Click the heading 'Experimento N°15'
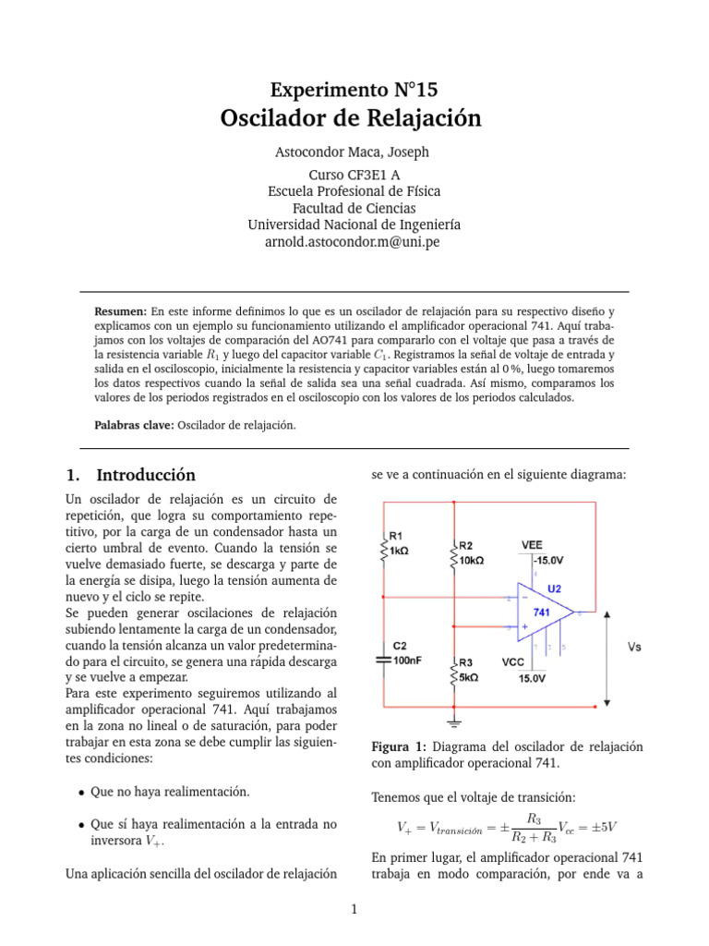[x=354, y=90]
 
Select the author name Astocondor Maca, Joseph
[x=354, y=152]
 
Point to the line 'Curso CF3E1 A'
[x=354, y=175]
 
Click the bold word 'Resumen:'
[x=122, y=313]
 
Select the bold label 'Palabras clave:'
[x=135, y=425]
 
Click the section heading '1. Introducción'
[x=131, y=475]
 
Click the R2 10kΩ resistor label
[x=471, y=552]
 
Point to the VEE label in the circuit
[x=533, y=544]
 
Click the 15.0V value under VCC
[x=532, y=678]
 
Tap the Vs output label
[x=635, y=648]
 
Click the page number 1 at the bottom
[x=354, y=910]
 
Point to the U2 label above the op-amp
[x=555, y=587]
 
